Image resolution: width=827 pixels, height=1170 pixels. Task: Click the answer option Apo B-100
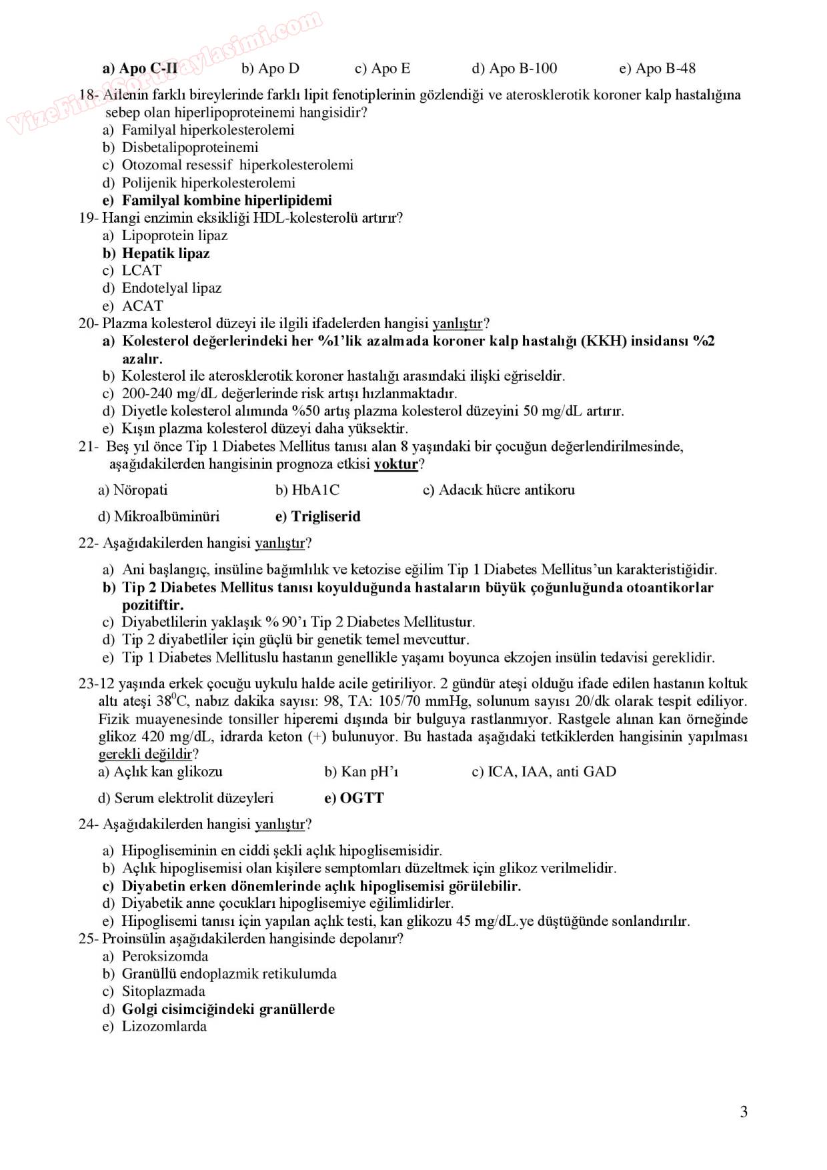[514, 68]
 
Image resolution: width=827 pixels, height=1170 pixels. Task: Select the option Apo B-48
[657, 68]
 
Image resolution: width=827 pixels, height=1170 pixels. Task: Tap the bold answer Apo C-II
[140, 68]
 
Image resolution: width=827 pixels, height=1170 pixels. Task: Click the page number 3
[744, 1111]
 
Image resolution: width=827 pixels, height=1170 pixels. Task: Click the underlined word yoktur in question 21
[396, 464]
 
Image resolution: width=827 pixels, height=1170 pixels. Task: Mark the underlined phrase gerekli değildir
[145, 754]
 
